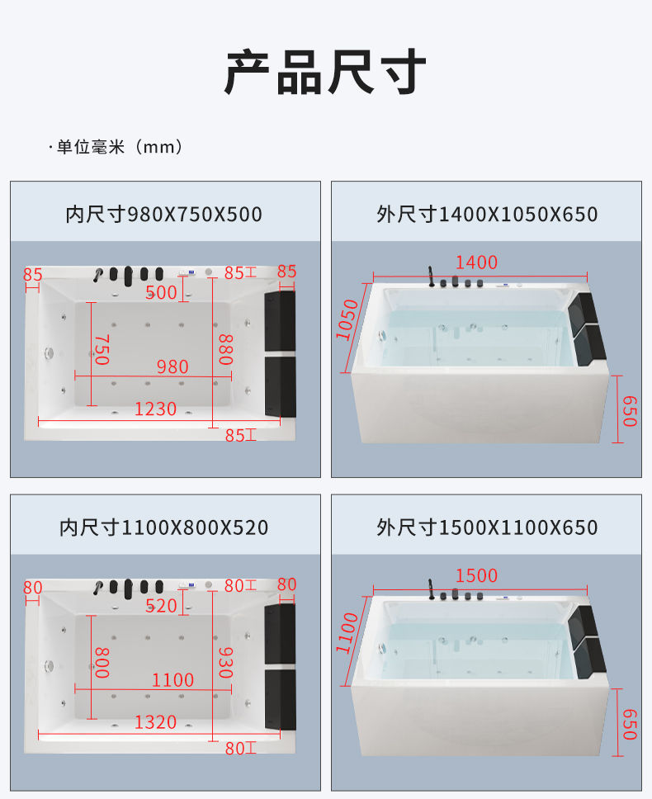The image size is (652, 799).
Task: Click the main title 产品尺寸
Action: point(325,72)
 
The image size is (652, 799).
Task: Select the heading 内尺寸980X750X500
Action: point(163,214)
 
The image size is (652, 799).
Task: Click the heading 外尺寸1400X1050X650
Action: point(487,214)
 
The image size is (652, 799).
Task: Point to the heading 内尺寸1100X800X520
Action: point(163,527)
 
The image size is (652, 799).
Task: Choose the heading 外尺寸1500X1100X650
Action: point(487,527)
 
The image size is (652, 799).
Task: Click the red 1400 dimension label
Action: point(476,262)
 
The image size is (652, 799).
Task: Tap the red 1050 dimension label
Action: point(347,320)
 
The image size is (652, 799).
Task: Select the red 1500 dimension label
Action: point(476,576)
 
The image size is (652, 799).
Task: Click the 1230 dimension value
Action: point(155,409)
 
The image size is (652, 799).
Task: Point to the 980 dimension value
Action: point(172,366)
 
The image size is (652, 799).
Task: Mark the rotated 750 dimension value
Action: point(102,350)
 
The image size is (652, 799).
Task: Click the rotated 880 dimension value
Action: point(225,350)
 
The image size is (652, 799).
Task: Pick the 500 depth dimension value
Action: point(162,292)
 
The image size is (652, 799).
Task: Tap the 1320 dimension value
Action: point(155,722)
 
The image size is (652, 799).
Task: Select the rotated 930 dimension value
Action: point(225,663)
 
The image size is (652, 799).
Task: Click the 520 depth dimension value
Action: point(162,606)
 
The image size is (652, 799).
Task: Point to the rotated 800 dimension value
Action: point(102,663)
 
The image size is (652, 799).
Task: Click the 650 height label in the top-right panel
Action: point(630,411)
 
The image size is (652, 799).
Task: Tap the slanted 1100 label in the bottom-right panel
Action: point(347,633)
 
